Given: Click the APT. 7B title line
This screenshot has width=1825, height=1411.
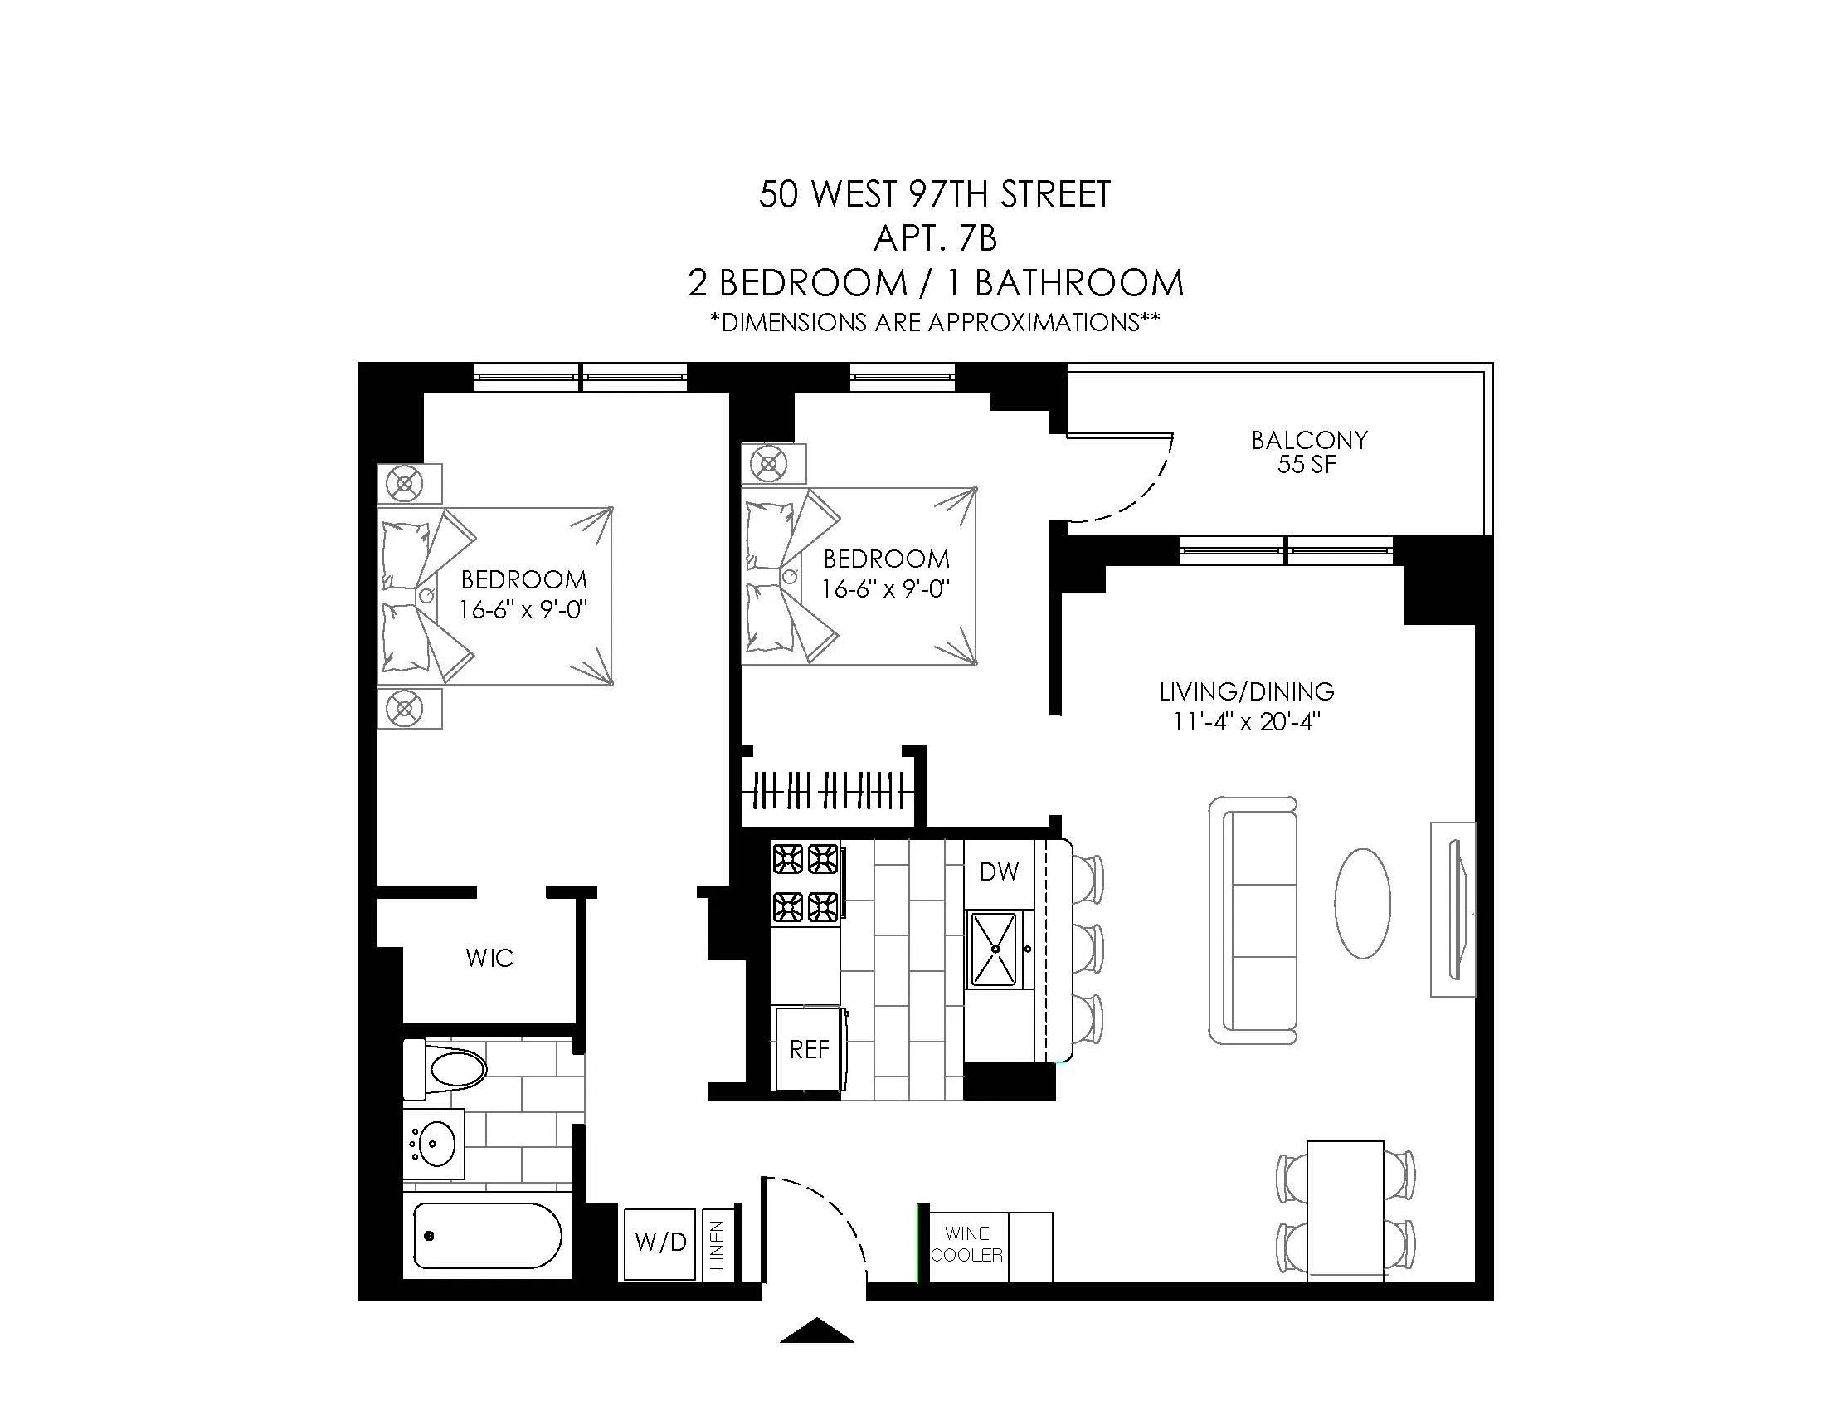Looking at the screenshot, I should [x=934, y=239].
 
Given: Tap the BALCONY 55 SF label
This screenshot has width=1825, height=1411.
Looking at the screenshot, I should [x=1308, y=452].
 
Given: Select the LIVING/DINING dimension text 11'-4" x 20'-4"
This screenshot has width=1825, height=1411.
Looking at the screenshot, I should [x=1246, y=721].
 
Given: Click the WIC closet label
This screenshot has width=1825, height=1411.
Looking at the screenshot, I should [x=489, y=958].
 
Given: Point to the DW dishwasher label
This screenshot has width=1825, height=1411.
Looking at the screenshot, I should [x=999, y=871].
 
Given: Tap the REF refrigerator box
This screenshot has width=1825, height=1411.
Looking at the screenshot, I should [x=809, y=1049].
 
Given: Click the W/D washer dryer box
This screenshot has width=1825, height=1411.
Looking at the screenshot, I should [x=660, y=1243].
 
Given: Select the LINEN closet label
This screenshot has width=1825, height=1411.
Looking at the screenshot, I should [x=717, y=1246].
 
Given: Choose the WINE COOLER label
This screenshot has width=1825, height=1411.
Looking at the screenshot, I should [x=966, y=1244].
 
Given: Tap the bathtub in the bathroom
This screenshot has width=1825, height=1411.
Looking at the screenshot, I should [x=487, y=1236].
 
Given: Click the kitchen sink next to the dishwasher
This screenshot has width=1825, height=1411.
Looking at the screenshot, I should [x=995, y=950].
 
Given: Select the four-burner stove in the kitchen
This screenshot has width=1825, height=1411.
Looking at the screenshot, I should [x=805, y=881].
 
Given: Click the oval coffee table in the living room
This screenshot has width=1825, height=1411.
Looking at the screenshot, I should [x=1362, y=903].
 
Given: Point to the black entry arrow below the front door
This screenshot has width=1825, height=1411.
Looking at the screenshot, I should [x=816, y=1329].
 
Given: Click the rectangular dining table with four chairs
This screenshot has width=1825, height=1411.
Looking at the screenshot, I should [x=1345, y=1209].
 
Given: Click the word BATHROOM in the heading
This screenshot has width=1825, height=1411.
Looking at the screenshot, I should [x=1078, y=283].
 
